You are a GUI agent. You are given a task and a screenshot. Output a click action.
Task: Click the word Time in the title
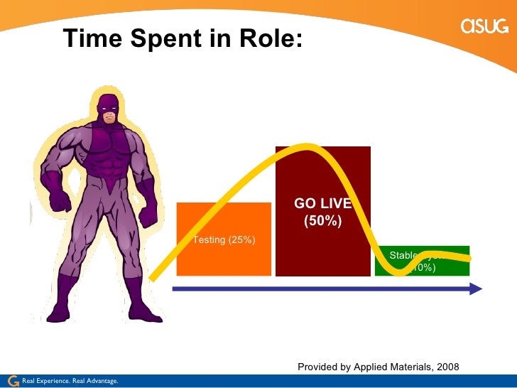[92, 38]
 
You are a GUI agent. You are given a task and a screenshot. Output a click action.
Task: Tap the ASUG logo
[484, 26]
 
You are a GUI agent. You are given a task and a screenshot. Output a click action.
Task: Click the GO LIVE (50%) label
[322, 212]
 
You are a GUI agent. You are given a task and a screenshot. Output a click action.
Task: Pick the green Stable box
[422, 261]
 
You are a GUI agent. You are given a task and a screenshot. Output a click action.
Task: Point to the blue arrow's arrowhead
[475, 289]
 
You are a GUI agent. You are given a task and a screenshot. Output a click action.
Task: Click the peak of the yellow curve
[307, 148]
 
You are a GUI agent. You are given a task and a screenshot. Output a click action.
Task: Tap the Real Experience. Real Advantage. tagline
[70, 382]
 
